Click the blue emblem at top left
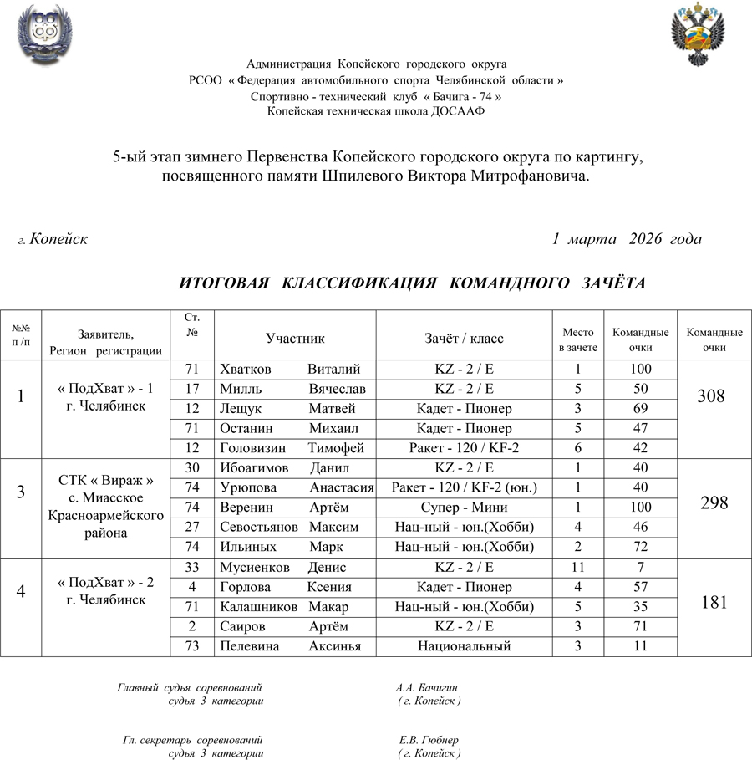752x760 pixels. tap(42, 33)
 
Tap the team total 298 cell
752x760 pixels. tap(714, 502)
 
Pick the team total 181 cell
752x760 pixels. tap(714, 602)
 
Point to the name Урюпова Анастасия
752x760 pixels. tap(296, 487)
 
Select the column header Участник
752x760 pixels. tap(295, 338)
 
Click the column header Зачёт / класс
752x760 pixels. tap(464, 338)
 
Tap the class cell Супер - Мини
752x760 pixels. tap(464, 507)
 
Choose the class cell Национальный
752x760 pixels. tap(464, 646)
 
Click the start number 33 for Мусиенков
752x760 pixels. tap(192, 568)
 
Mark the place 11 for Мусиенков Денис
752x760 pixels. tap(577, 568)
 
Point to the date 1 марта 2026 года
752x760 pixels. tap(627, 239)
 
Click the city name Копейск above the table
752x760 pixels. tap(58, 239)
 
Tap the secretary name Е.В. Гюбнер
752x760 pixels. tap(429, 740)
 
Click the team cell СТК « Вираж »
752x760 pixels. tap(106, 481)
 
